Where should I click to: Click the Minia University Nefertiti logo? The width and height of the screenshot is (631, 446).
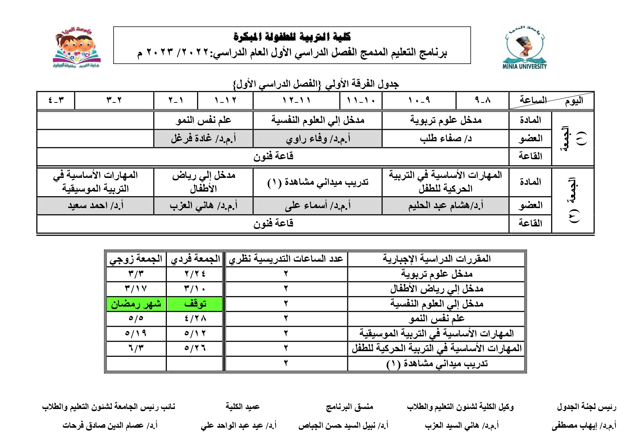[x=525, y=47]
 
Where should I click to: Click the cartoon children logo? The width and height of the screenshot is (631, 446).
[x=77, y=47]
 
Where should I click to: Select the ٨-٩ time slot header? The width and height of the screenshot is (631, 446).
[x=483, y=100]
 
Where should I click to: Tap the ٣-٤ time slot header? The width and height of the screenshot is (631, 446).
[x=56, y=100]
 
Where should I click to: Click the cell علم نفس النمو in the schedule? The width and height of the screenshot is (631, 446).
[x=204, y=120]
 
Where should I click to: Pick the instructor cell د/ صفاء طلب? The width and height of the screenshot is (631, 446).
[x=445, y=139]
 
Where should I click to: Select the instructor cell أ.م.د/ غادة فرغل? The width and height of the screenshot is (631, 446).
[x=204, y=139]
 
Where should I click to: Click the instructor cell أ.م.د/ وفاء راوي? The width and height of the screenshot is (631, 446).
[x=318, y=139]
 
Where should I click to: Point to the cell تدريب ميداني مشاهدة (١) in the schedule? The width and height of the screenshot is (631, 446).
[x=318, y=182]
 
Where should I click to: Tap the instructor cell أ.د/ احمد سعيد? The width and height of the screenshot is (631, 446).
[x=96, y=206]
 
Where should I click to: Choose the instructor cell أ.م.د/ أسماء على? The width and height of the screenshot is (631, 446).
[x=318, y=206]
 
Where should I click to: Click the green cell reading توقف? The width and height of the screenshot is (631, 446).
[x=195, y=304]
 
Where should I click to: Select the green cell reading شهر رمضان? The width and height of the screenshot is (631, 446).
[x=136, y=304]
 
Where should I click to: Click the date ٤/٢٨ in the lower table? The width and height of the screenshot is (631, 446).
[x=195, y=319]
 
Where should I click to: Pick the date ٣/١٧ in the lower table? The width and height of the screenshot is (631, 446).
[x=136, y=289]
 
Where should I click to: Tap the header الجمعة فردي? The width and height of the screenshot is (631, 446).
[x=195, y=259]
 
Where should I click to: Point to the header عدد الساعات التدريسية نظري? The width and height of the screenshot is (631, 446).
[x=286, y=259]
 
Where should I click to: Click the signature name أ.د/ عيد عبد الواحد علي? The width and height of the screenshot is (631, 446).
[x=238, y=426]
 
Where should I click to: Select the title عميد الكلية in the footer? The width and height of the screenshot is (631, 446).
[x=242, y=407]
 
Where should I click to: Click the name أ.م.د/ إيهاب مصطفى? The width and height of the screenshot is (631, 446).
[x=584, y=426]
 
